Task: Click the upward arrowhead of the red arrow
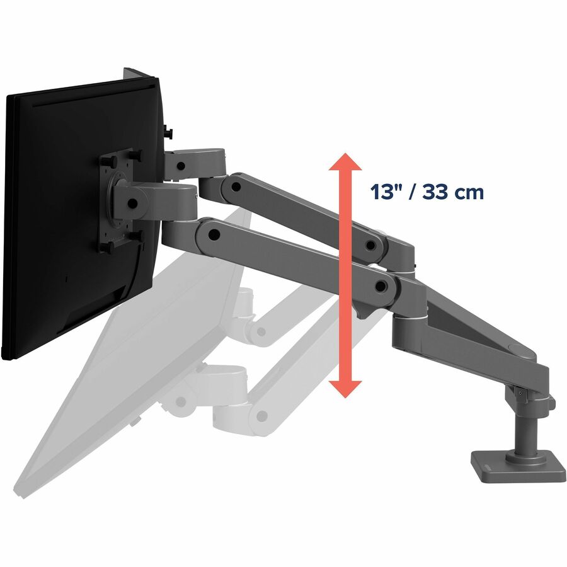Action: (x=345, y=162)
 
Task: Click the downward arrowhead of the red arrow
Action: (x=345, y=389)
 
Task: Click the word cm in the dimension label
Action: (x=469, y=193)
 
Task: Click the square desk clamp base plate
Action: (x=518, y=466)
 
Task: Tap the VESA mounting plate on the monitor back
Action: (x=117, y=201)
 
